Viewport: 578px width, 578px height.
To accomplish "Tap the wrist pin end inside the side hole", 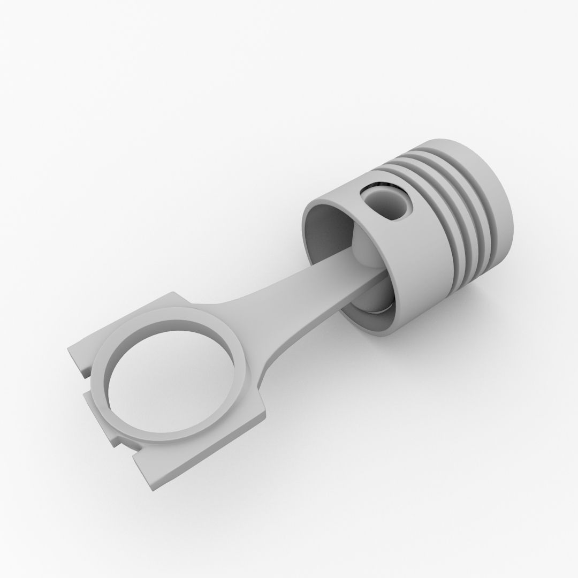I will pyautogui.click(x=399, y=206).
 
